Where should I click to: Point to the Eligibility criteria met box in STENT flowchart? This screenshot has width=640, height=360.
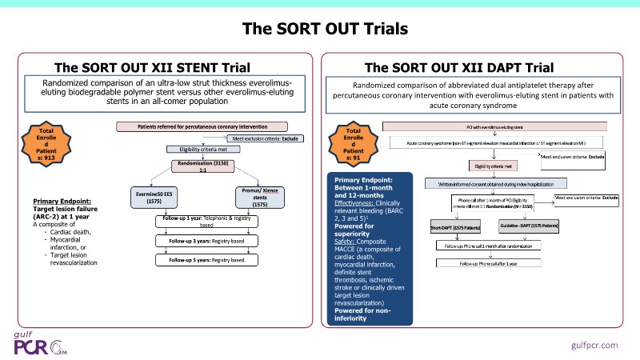pyautogui.click(x=197, y=150)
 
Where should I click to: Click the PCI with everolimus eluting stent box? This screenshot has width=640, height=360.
pyautogui.click(x=494, y=126)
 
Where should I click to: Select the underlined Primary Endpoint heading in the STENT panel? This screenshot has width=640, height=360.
pyautogui.click(x=66, y=202)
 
